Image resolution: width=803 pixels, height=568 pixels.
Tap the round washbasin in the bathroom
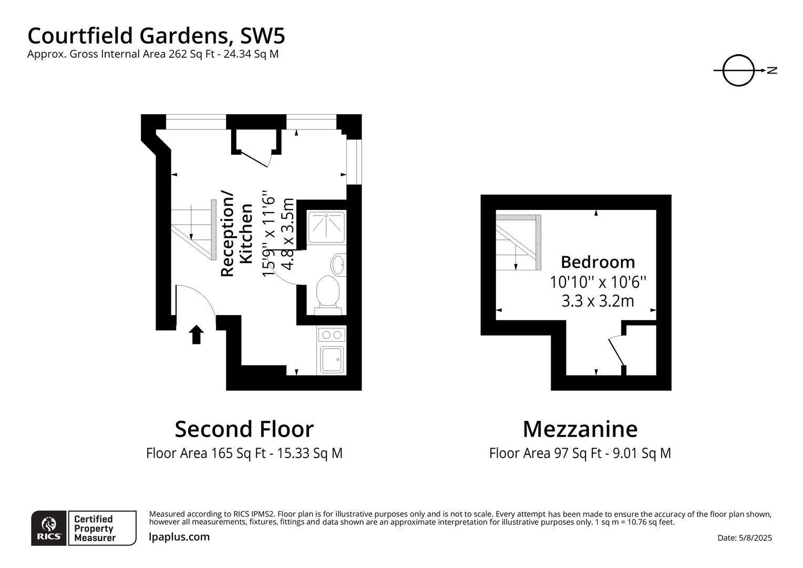point(338,263)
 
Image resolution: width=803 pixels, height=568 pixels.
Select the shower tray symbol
point(326,227)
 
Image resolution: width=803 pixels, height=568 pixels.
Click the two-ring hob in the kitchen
point(332,334)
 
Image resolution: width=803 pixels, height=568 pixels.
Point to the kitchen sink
point(332,360)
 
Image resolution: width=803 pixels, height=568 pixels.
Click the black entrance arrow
point(197,334)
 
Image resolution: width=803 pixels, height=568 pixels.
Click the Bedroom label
point(598,262)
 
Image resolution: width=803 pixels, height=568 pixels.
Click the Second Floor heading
point(244,429)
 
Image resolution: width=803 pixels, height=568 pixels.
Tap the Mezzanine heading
point(580,429)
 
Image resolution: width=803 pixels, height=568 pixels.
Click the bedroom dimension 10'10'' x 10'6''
point(598,282)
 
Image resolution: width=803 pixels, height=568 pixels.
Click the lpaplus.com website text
point(179,537)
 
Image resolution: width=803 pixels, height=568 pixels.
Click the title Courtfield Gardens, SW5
point(156,36)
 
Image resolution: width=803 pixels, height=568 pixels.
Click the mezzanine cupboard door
point(616,351)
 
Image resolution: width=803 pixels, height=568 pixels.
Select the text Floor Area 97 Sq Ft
point(545,453)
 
